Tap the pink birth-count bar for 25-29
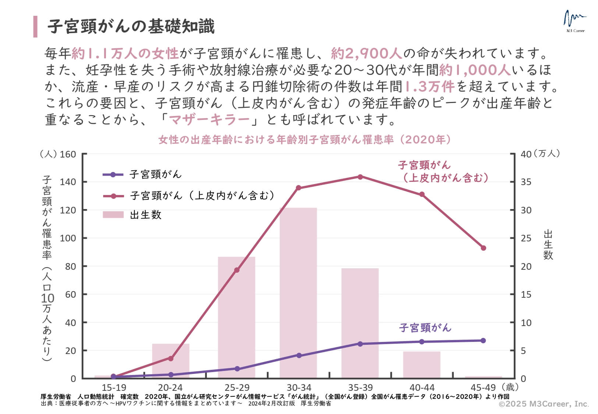(x=236, y=317)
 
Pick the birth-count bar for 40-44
(x=421, y=365)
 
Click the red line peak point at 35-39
(x=360, y=177)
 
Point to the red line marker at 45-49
(x=484, y=248)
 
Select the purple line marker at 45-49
(x=483, y=340)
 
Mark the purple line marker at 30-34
(x=299, y=355)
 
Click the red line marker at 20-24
(x=171, y=358)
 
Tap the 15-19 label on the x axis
(x=114, y=388)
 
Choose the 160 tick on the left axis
(x=68, y=154)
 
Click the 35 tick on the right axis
(x=526, y=182)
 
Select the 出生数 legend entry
(x=146, y=215)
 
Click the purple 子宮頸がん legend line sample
(x=113, y=174)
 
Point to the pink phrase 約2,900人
(x=367, y=54)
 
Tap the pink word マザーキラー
(x=209, y=120)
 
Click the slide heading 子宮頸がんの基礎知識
(x=131, y=26)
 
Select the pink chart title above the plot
(x=305, y=140)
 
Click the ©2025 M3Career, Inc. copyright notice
(x=544, y=404)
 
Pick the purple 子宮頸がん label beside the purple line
(x=425, y=328)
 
